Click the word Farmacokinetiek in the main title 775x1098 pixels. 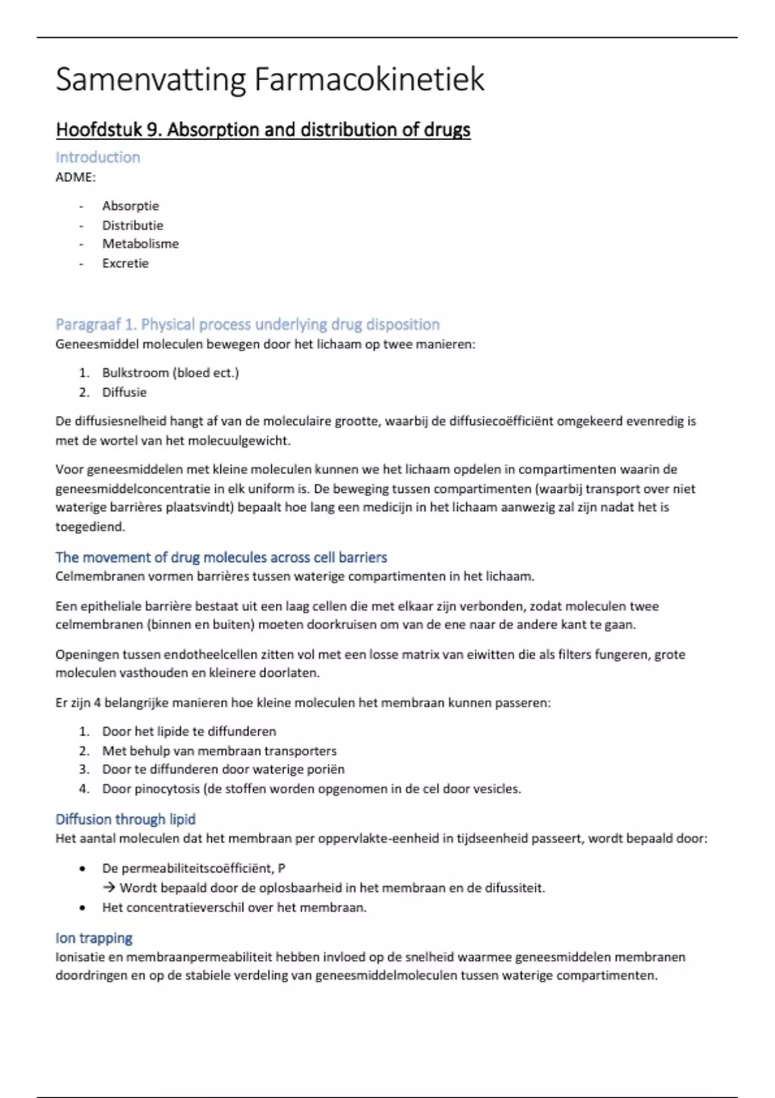369,80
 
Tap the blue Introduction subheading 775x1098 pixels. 98,157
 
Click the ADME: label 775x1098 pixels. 76,177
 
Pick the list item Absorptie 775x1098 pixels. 130,206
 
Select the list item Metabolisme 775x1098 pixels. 140,244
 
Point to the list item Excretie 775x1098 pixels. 125,264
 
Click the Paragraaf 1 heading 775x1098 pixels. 247,324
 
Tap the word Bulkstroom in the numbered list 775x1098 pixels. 134,373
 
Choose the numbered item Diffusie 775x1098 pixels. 124,392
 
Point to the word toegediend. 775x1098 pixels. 90,526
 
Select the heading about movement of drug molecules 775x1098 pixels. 221,557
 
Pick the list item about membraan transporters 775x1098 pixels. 219,751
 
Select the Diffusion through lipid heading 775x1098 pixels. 125,820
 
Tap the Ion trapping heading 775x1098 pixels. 94,938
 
